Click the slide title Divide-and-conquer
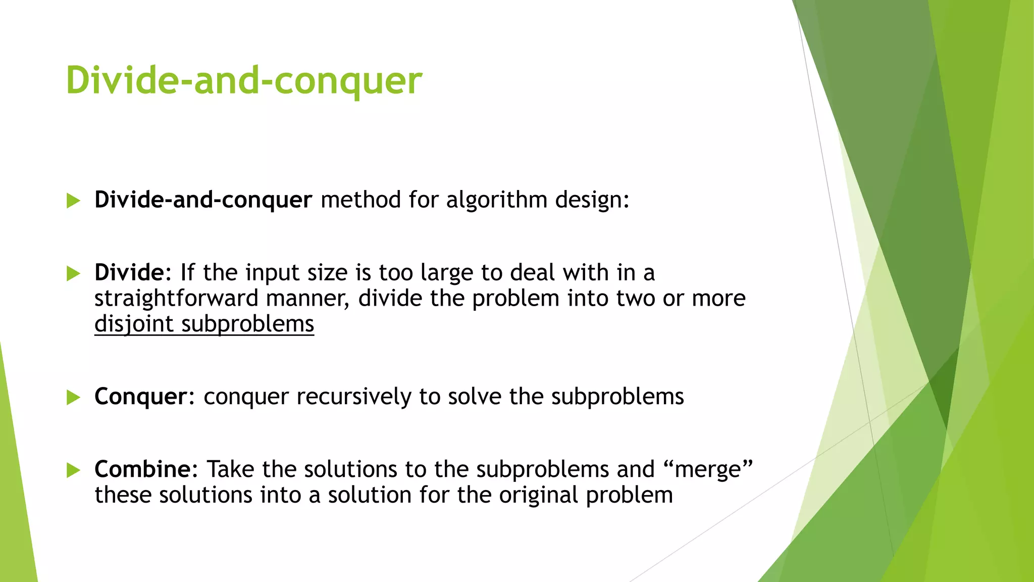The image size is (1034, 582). pyautogui.click(x=244, y=81)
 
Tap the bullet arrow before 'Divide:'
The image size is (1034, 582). pyautogui.click(x=73, y=274)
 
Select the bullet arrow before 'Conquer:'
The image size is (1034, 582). pyautogui.click(x=73, y=398)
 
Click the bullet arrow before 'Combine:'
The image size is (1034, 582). pyautogui.click(x=73, y=470)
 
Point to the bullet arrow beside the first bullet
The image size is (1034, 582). pyautogui.click(x=73, y=201)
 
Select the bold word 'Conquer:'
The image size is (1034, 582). pyautogui.click(x=144, y=397)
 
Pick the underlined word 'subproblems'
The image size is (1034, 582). pyautogui.click(x=247, y=324)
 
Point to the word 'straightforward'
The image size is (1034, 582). pyautogui.click(x=176, y=298)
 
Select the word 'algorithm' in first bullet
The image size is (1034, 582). pyautogui.click(x=497, y=200)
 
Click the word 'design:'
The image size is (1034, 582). pyautogui.click(x=592, y=200)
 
